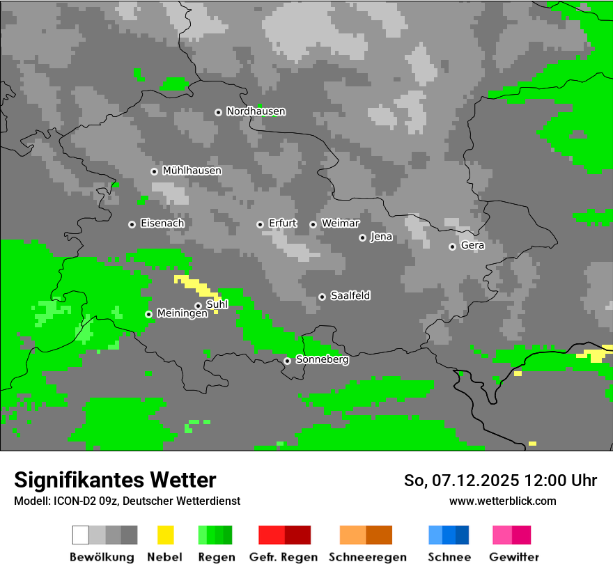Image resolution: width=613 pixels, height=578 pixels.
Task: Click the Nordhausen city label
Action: (256, 111)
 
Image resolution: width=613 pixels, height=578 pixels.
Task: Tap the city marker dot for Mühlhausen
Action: (154, 171)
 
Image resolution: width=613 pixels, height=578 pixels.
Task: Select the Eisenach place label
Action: (162, 224)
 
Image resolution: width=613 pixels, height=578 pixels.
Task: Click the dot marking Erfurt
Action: (260, 224)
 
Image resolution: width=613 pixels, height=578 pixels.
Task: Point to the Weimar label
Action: (341, 224)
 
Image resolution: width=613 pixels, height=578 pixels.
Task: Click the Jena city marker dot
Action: (362, 237)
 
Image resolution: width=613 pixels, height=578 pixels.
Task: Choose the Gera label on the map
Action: (472, 245)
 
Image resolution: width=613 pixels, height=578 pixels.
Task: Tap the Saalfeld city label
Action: (350, 296)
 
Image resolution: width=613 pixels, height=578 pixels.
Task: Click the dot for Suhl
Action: (198, 306)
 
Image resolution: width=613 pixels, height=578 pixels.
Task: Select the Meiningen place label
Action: (182, 313)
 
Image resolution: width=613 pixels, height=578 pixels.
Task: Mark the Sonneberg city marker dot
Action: (287, 361)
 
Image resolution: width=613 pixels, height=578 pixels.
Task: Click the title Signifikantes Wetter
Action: (115, 480)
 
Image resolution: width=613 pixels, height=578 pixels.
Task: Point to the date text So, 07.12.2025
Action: (460, 481)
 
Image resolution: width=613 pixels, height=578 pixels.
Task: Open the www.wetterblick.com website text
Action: (502, 501)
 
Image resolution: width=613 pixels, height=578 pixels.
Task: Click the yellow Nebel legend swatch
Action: (166, 535)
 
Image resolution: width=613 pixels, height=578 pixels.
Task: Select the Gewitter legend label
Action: (513, 557)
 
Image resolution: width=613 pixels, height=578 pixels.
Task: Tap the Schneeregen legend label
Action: (367, 557)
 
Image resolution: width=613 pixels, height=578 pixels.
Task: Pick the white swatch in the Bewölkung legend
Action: (81, 535)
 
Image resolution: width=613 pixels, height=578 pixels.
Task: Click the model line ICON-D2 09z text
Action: (127, 501)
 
